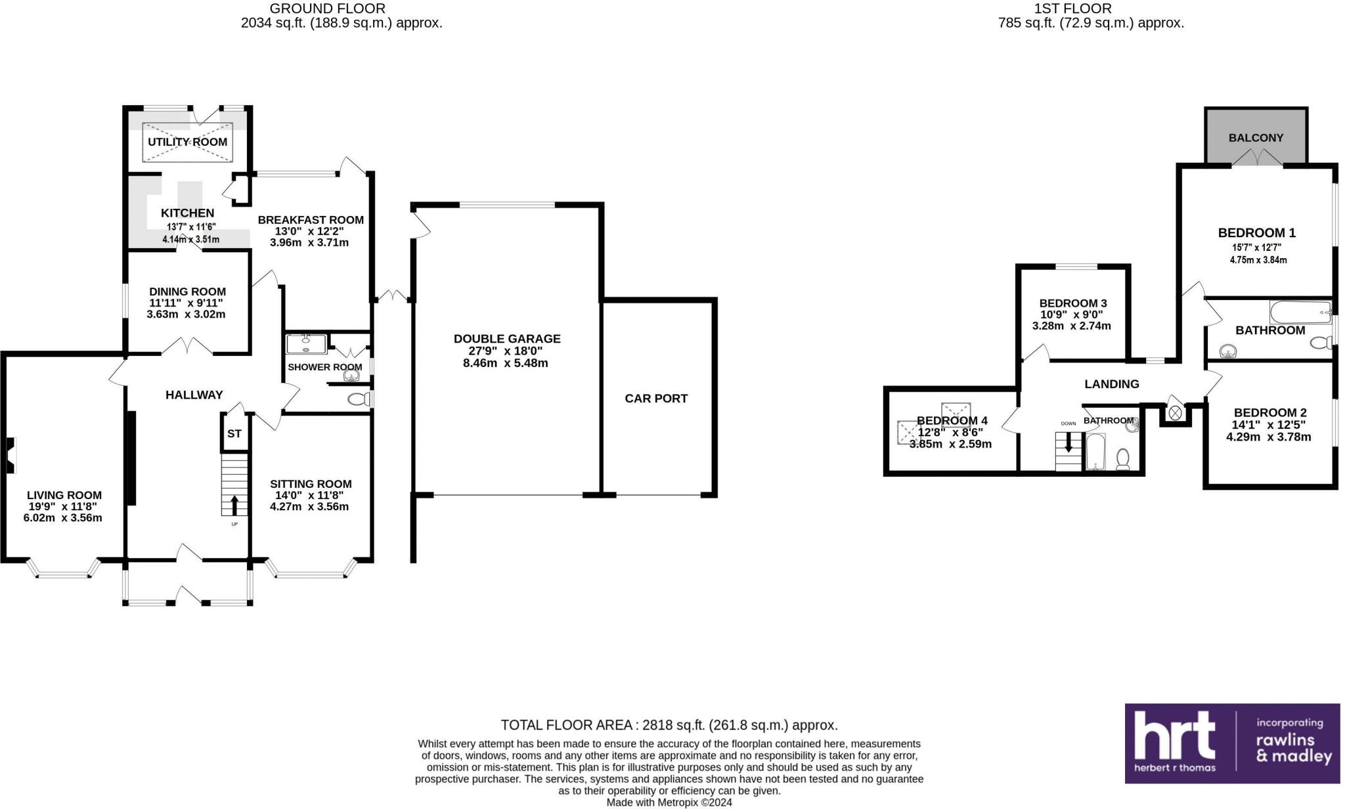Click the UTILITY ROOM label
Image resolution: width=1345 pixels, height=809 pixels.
187,142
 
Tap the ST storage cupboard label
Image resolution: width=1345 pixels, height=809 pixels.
234,434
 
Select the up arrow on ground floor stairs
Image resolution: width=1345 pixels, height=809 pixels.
234,505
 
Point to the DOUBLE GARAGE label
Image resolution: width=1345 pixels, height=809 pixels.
507,339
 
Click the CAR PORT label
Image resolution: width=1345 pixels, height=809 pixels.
656,398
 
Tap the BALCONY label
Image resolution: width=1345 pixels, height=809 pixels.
1256,138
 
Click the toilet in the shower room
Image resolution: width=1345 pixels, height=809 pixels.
358,399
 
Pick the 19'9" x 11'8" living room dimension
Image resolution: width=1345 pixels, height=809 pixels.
64,506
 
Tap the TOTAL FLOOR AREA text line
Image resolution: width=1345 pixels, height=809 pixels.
669,725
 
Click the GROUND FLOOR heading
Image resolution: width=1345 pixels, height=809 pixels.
327,9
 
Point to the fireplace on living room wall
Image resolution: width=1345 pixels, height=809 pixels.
11,455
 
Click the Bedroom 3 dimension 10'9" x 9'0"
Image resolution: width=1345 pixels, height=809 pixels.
1071,315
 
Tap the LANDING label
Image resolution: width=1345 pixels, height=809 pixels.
1111,384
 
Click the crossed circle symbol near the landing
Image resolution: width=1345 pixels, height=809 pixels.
1175,412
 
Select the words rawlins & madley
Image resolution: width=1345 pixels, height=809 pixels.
1293,748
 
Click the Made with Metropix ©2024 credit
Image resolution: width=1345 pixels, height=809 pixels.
669,802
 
